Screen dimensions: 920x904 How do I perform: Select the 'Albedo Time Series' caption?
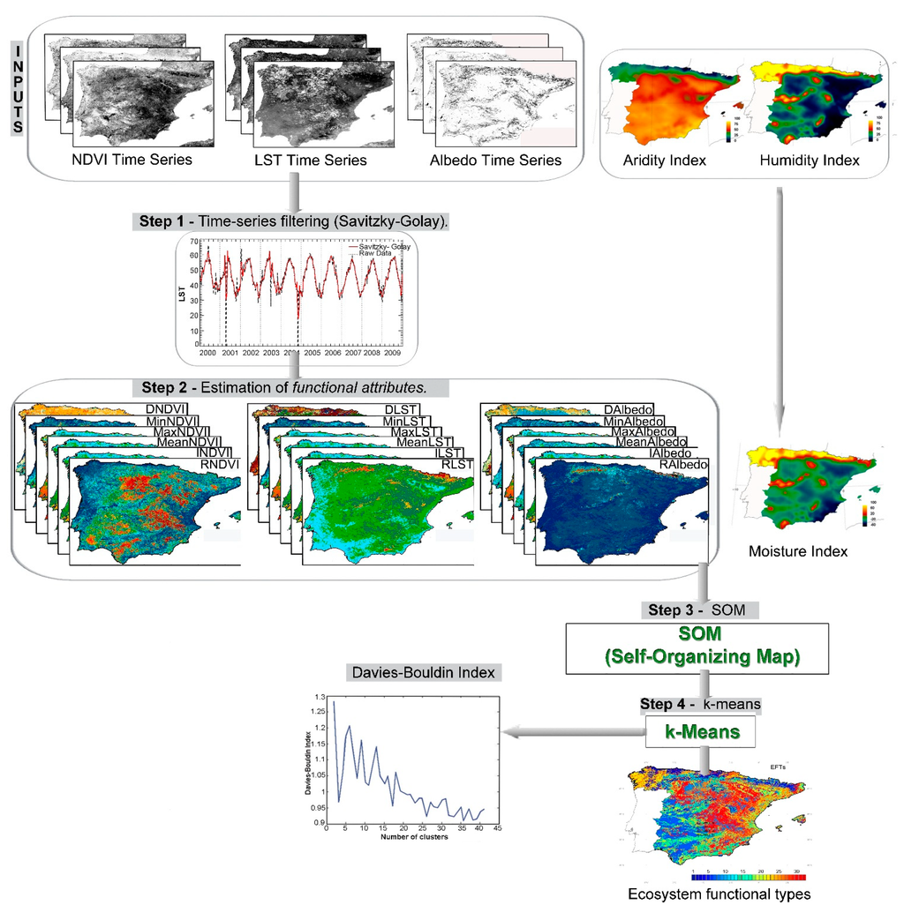[495, 160]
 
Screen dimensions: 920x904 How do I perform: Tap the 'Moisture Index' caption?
[797, 551]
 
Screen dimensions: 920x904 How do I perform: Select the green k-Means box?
[703, 731]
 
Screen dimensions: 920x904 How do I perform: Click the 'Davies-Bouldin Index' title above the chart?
[425, 673]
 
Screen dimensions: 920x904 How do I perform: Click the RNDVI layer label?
[221, 463]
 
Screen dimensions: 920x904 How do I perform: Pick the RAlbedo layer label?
[683, 463]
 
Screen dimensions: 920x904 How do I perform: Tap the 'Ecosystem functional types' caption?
[719, 894]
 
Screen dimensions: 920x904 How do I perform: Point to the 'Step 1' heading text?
[162, 221]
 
